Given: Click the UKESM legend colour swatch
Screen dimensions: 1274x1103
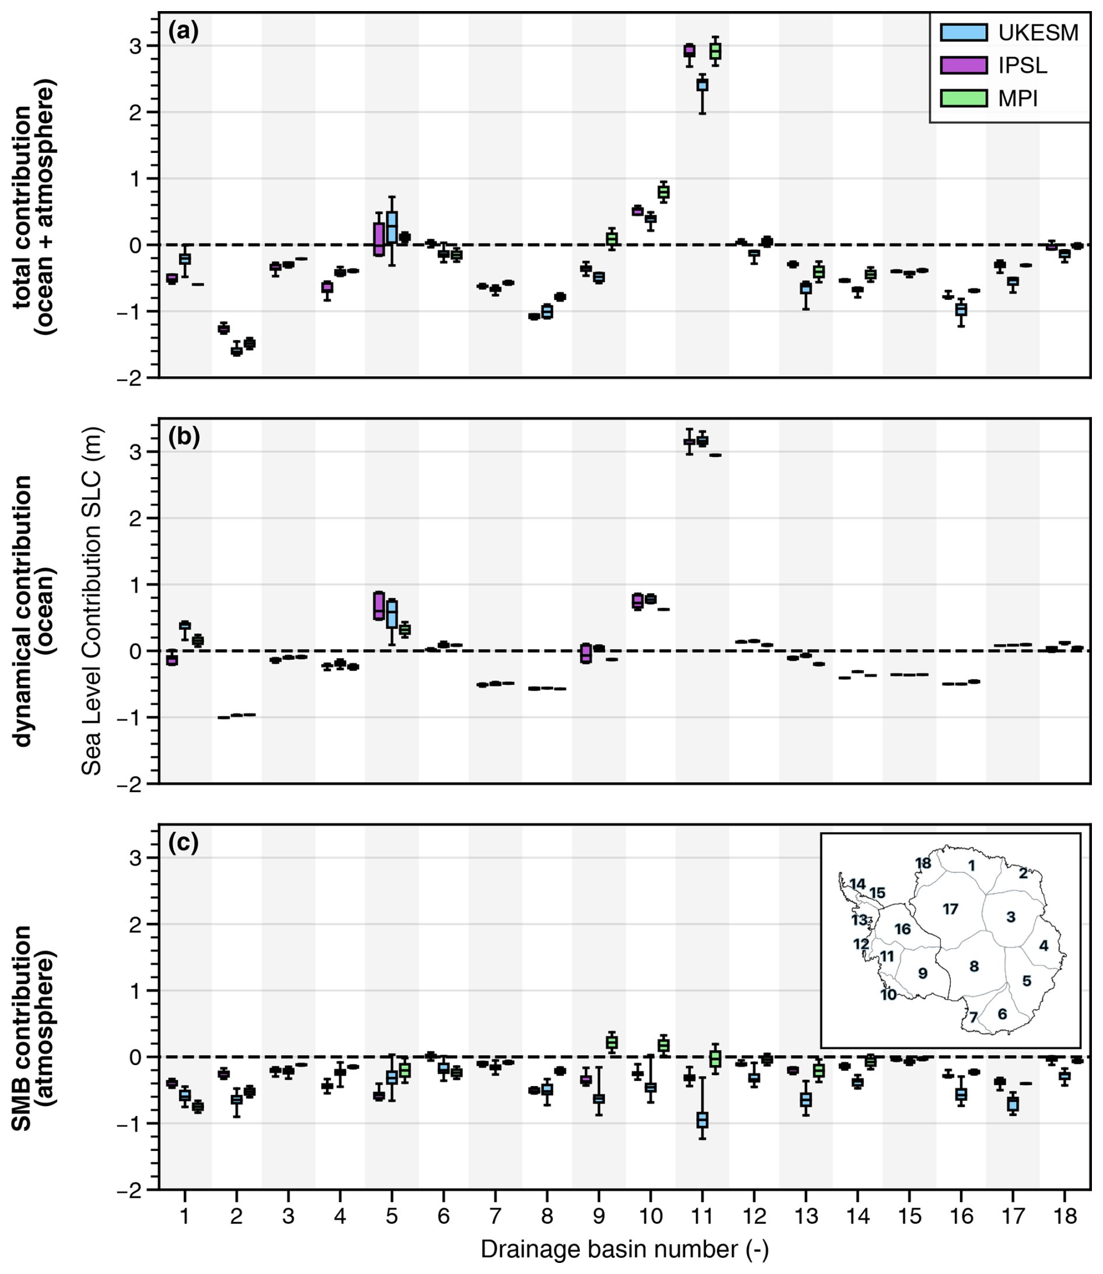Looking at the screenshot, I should tap(963, 32).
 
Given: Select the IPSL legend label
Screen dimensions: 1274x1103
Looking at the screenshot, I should tap(1023, 65).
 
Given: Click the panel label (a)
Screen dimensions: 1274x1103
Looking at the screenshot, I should tap(184, 30).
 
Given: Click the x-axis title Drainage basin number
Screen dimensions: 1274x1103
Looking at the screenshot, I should tap(624, 1249).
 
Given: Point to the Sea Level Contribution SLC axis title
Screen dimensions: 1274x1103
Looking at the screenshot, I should tap(92, 601).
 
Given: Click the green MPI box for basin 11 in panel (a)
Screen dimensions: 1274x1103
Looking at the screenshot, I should tap(715, 51).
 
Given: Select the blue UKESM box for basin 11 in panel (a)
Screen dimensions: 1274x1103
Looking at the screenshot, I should tap(702, 85).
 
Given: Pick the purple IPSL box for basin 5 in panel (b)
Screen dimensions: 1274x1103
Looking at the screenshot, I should tap(379, 606).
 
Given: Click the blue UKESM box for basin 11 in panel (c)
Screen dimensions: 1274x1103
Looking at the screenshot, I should tap(702, 1120).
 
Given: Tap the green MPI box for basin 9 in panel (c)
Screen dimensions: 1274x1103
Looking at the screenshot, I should tap(612, 1042).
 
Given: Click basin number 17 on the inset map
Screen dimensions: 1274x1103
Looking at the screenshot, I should tap(950, 909).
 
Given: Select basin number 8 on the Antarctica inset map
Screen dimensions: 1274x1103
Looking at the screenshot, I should tap(974, 966).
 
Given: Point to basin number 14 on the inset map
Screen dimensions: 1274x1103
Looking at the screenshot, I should tap(858, 884).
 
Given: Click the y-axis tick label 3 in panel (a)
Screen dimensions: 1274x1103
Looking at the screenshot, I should tap(135, 46).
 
